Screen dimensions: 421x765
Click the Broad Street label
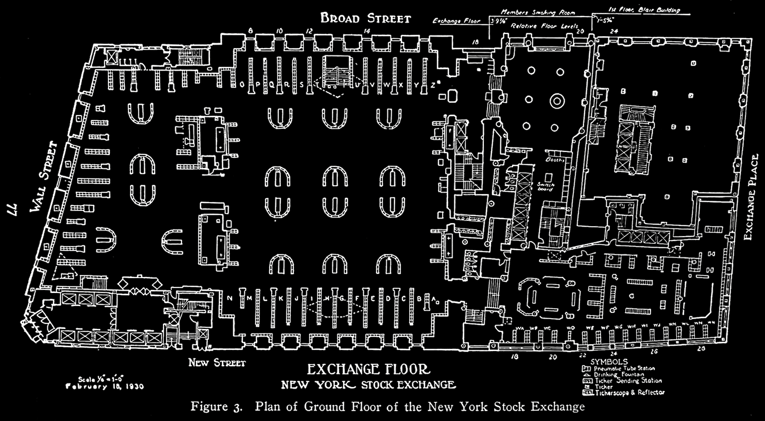365,18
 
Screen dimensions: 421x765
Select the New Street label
217,363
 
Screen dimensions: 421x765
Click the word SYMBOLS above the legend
609,362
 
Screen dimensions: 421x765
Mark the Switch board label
545,186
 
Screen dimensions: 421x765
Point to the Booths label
555,160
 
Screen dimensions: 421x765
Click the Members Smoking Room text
537,13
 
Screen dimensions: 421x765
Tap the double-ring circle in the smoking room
557,100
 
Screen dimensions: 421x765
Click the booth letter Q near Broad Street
272,85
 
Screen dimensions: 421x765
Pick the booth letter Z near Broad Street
433,85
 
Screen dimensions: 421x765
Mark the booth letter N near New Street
229,298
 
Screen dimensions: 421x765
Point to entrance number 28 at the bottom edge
701,348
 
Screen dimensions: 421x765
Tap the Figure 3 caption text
387,406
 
